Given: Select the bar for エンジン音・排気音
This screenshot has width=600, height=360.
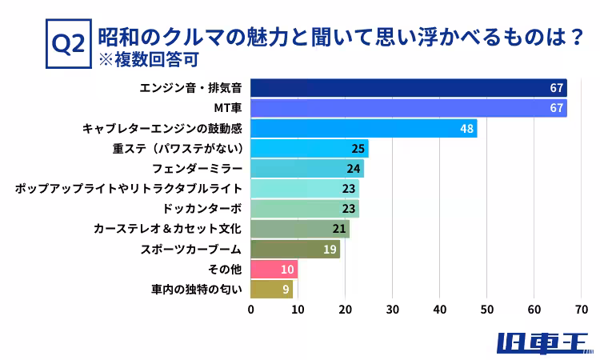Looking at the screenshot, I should click(408, 88).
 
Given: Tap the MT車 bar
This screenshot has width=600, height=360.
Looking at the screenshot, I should click(408, 108).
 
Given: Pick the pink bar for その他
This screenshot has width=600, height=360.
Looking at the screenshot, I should click(274, 269).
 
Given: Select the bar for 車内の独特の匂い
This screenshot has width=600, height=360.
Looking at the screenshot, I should click(271, 289).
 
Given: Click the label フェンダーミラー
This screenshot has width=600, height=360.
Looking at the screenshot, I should click(198, 169).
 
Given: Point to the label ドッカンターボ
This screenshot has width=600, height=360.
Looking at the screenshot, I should click(202, 209).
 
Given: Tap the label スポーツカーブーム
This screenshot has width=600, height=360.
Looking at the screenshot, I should click(191, 249).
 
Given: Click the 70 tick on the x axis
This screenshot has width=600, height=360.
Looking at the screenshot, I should click(582, 309).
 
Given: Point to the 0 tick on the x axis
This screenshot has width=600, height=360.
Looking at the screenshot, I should click(251, 309).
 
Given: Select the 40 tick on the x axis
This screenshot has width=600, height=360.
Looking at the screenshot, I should click(440, 309).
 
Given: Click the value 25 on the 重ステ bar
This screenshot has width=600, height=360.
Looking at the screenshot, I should click(358, 148).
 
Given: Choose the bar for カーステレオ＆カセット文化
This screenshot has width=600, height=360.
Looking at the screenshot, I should click(300, 229).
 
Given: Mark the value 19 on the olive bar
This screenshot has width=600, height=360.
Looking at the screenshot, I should click(330, 249).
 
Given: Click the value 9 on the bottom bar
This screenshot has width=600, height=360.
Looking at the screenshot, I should click(286, 289).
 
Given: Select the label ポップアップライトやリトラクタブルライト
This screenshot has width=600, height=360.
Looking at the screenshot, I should click(129, 189).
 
